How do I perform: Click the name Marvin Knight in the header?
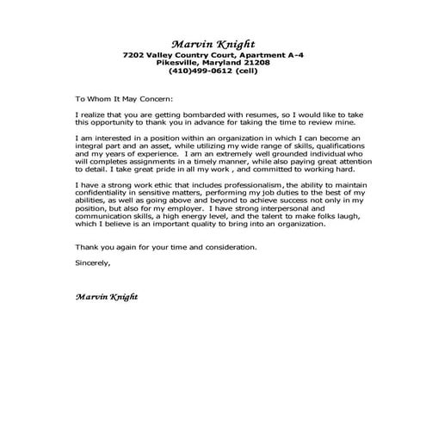click(x=213, y=44)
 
